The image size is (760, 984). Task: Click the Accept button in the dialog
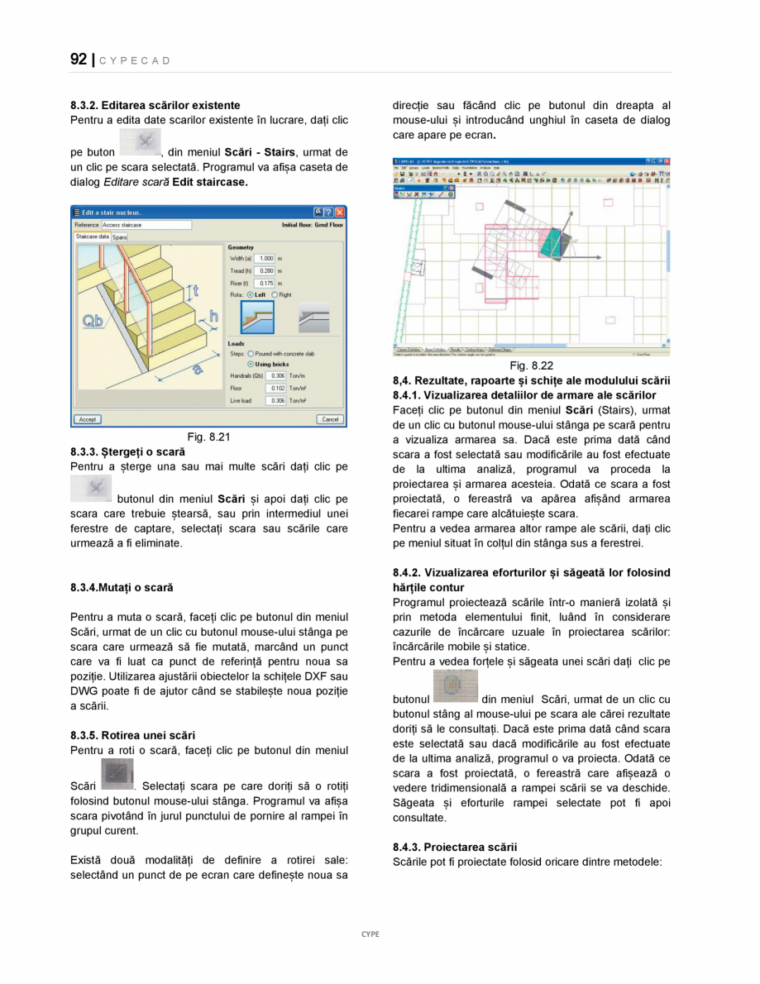(x=88, y=419)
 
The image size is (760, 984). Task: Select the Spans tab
(x=120, y=237)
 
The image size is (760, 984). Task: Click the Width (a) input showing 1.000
(x=264, y=259)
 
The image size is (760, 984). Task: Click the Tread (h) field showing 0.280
(x=264, y=270)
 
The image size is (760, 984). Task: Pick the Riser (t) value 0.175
(x=264, y=283)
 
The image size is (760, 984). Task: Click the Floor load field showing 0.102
(x=276, y=388)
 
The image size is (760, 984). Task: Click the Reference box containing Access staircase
(x=146, y=225)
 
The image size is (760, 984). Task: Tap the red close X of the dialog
(x=340, y=213)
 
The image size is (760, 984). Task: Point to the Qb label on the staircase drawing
(x=93, y=321)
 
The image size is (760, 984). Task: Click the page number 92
(x=79, y=60)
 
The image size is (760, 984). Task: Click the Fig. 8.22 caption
(x=531, y=365)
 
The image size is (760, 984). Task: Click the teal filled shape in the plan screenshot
(x=550, y=241)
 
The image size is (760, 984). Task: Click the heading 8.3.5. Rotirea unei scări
(x=132, y=735)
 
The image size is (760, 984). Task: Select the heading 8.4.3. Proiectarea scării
(x=455, y=847)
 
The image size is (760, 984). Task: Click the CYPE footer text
(x=370, y=934)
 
